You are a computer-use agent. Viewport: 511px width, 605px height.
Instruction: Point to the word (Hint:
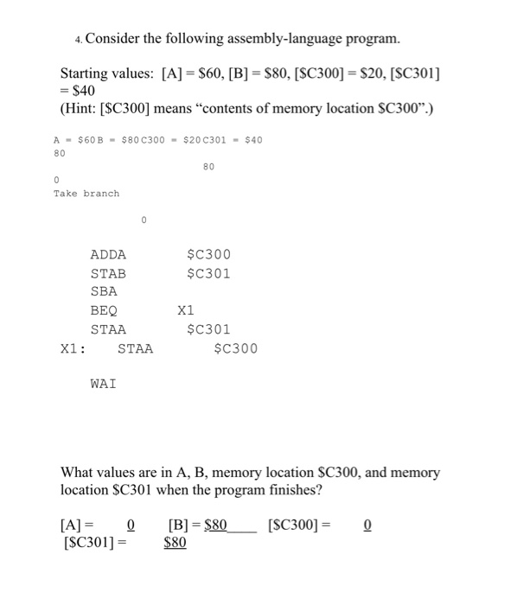pyautogui.click(x=84, y=107)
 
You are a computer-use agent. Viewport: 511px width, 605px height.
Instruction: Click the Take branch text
pyautogui.click(x=86, y=194)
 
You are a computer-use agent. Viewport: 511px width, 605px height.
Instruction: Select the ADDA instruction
pyautogui.click(x=108, y=255)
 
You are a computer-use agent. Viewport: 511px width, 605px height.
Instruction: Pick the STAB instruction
pyautogui.click(x=108, y=274)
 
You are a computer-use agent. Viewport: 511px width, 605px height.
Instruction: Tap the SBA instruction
pyautogui.click(x=104, y=292)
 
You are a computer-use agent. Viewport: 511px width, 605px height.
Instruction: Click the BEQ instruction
pyautogui.click(x=104, y=311)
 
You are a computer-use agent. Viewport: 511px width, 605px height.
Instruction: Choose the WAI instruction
pyautogui.click(x=104, y=383)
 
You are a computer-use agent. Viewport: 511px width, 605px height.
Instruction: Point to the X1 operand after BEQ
pyautogui.click(x=186, y=311)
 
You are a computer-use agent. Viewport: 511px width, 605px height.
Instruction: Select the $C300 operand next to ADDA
pyautogui.click(x=208, y=255)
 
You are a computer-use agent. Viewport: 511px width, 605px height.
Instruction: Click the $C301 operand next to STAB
pyautogui.click(x=208, y=274)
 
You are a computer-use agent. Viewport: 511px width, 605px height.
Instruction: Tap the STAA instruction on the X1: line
pyautogui.click(x=135, y=349)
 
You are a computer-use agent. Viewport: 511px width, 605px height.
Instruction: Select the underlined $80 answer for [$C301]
pyautogui.click(x=175, y=544)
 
